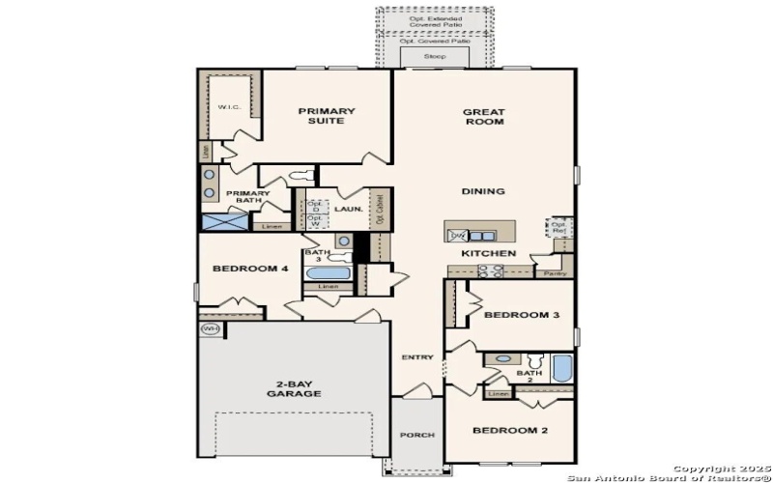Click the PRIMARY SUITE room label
pyautogui.click(x=327, y=117)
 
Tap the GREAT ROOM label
pyautogui.click(x=484, y=117)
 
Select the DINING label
pyautogui.click(x=483, y=191)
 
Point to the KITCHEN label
pyautogui.click(x=488, y=253)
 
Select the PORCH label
pyautogui.click(x=417, y=436)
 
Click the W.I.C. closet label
pyautogui.click(x=229, y=107)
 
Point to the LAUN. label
pyautogui.click(x=348, y=208)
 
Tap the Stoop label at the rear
pyautogui.click(x=435, y=58)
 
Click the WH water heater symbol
pyautogui.click(x=210, y=329)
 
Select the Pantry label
pyautogui.click(x=555, y=273)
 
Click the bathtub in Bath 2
pyautogui.click(x=562, y=370)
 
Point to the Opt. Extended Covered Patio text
pyautogui.click(x=434, y=20)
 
